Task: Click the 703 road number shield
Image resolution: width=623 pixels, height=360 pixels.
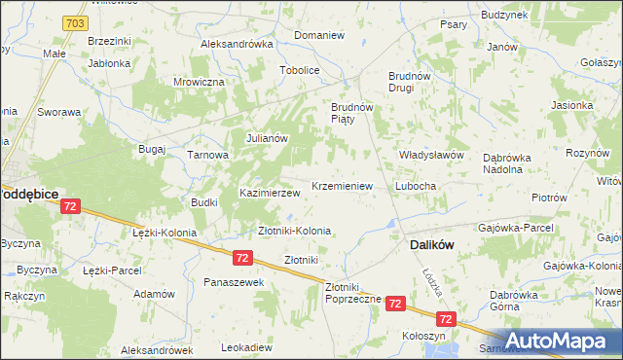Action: click(x=75, y=21)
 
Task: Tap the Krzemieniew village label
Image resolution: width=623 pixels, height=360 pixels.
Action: click(x=342, y=185)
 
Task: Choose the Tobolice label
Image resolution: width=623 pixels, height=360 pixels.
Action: click(x=300, y=70)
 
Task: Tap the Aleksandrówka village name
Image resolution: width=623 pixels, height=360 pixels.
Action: click(x=237, y=44)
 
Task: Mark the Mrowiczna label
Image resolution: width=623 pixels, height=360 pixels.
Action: click(x=199, y=83)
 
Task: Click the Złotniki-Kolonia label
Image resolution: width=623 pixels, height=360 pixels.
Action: click(x=294, y=231)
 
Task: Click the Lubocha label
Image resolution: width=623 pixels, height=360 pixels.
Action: click(x=415, y=185)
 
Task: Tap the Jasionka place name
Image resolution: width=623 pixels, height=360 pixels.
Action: click(x=571, y=105)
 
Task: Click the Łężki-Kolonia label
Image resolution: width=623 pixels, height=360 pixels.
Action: click(x=165, y=234)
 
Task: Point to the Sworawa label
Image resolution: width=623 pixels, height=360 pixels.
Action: click(x=58, y=111)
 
